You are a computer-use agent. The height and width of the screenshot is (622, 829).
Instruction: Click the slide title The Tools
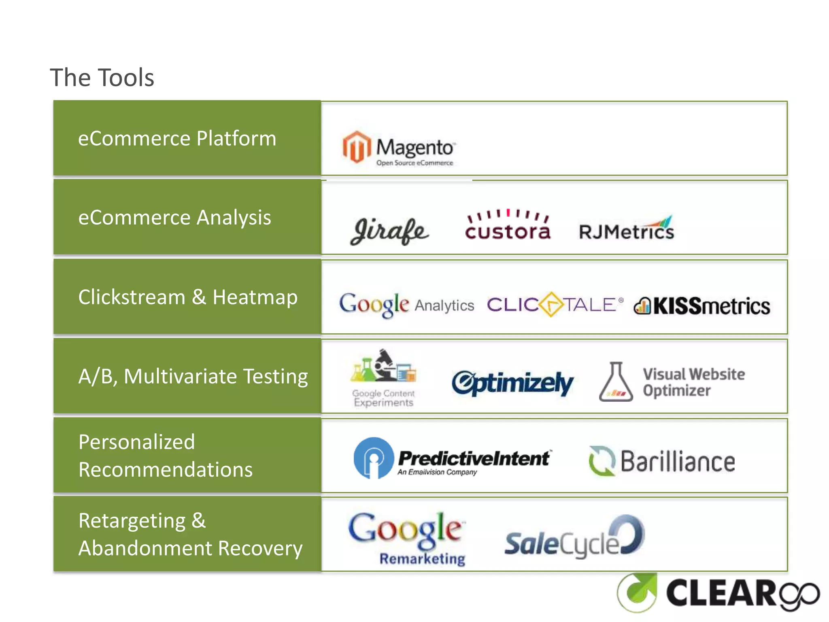point(102,77)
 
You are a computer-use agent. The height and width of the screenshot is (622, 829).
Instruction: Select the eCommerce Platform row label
point(177,138)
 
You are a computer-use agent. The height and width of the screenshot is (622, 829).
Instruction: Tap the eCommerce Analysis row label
point(174,217)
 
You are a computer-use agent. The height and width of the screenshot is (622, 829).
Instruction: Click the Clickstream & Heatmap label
point(188,297)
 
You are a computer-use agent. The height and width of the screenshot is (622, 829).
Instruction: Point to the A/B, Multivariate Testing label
point(193,376)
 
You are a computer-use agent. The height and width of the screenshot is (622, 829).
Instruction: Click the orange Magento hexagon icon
point(356,147)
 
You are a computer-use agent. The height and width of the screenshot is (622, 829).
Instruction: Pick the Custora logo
point(508,226)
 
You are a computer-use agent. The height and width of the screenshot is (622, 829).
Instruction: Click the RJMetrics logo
point(627,229)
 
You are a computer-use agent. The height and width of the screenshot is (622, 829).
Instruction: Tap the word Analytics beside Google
point(444,306)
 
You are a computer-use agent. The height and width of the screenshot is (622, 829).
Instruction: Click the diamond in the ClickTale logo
point(551,305)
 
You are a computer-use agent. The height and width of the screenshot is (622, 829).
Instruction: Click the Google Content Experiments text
point(383,398)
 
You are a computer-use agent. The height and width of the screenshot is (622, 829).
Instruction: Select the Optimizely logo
point(512,383)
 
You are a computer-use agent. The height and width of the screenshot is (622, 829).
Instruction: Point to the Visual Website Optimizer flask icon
point(616,382)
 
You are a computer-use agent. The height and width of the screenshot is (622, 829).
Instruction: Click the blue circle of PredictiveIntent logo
point(373,458)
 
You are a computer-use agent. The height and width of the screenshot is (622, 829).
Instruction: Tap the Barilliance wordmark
point(678,462)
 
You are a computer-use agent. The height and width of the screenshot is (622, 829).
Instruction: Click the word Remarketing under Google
point(422,559)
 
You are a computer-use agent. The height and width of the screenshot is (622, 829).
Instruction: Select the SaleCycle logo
point(574,539)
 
